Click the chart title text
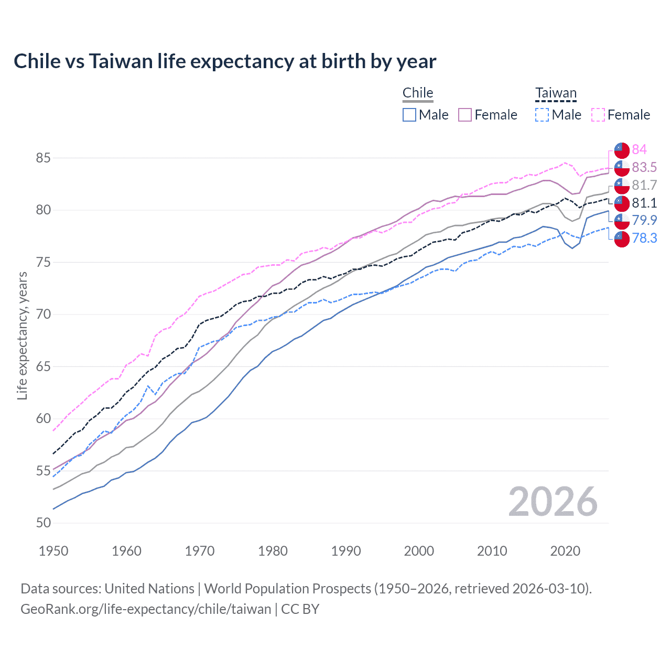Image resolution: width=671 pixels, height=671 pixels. [225, 61]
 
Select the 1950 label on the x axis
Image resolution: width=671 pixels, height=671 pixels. [53, 551]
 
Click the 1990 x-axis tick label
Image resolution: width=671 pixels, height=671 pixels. [346, 551]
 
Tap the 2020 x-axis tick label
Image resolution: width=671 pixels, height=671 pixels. [565, 551]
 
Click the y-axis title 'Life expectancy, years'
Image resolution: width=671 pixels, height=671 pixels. [22, 335]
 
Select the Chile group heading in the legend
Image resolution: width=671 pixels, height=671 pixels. [418, 93]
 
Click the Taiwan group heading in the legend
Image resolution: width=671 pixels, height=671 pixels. [556, 93]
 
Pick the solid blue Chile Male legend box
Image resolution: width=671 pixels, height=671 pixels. [409, 115]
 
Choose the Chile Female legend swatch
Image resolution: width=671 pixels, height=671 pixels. [465, 115]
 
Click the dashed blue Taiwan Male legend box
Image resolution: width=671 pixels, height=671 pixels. [542, 115]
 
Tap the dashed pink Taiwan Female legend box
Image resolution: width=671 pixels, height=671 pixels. [598, 115]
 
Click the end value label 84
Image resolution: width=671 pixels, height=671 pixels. [639, 149]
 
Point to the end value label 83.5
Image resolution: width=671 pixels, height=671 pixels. [644, 167]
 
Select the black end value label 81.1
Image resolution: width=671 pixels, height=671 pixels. [644, 203]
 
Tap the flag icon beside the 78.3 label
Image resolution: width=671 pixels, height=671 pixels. [622, 239]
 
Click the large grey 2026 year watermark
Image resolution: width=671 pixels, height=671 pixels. [553, 502]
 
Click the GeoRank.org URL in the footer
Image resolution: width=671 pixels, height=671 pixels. [146, 609]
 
